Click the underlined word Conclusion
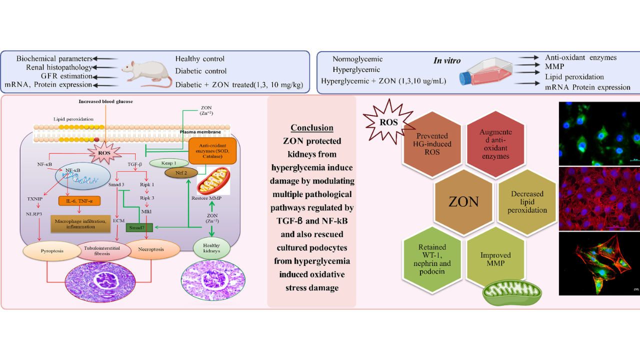click(x=311, y=127)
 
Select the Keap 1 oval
click(x=168, y=163)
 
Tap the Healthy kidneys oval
click(x=211, y=247)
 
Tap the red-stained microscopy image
click(x=599, y=198)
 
